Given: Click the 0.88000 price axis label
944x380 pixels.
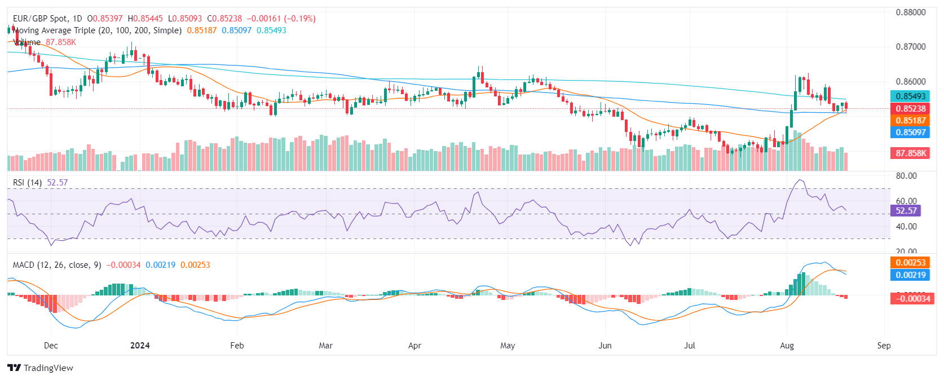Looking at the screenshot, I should coord(910,12).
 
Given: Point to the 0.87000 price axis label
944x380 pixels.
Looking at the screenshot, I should coord(910,47).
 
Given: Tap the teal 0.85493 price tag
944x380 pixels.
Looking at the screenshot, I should coord(910,96).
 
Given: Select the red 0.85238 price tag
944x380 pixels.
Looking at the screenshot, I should coord(910,109).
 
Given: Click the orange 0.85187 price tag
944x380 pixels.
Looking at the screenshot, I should coord(910,121).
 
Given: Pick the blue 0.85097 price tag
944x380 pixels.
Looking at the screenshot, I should coord(910,132).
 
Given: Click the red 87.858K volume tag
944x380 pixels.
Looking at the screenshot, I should coord(910,153).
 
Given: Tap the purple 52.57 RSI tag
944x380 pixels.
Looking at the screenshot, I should coord(906,211).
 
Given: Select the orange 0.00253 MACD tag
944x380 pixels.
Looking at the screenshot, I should coord(910,263).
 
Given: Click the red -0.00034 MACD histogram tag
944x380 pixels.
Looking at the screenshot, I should coord(911,298).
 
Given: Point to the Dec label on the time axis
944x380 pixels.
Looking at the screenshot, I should coord(51,346).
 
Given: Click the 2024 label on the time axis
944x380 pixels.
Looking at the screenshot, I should coord(140,346).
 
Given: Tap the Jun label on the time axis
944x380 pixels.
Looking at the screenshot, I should coord(605,346).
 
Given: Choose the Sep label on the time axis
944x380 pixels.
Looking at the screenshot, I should coord(884,346).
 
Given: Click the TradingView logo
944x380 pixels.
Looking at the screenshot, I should coord(41,368).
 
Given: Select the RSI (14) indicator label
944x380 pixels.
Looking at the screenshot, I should coord(27,183).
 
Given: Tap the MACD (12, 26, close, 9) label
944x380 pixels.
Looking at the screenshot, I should coord(57,265).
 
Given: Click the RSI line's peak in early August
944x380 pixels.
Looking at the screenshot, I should coord(799,180).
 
